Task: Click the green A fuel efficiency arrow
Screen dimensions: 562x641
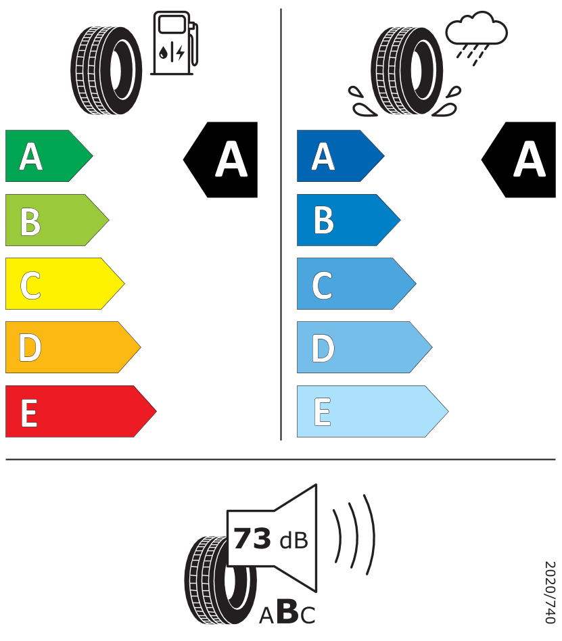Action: pos(49,156)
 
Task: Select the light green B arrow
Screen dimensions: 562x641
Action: pos(57,220)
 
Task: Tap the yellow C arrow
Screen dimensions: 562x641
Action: pos(65,284)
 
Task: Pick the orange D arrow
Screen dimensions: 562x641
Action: pos(73,348)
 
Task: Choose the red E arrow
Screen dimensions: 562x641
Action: pos(81,411)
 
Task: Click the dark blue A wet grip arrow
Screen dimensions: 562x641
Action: pos(341,156)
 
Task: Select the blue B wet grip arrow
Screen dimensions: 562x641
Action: pos(348,220)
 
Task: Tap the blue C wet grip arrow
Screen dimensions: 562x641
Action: pos(356,284)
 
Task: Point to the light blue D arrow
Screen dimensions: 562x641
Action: pos(365,348)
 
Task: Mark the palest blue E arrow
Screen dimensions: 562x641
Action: pos(373,411)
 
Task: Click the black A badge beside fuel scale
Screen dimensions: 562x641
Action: pos(220,160)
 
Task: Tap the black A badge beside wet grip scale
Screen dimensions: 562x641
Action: pos(519,160)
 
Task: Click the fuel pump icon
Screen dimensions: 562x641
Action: pos(174,43)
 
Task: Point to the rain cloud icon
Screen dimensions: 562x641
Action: pos(476,38)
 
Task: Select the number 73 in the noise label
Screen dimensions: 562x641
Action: pos(252,538)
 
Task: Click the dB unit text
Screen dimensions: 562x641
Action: pos(294,540)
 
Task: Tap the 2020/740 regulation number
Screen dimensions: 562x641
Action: pos(550,592)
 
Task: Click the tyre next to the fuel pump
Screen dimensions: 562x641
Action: pos(106,70)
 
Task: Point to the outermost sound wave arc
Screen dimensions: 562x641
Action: pos(369,535)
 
